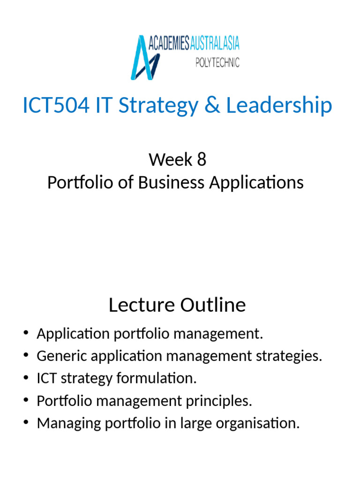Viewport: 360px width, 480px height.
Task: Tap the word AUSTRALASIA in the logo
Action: (215, 44)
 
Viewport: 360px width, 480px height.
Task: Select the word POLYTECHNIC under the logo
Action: (217, 62)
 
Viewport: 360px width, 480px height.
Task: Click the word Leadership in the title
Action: (279, 105)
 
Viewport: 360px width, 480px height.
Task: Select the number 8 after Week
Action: (201, 160)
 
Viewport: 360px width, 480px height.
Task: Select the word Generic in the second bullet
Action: (60, 356)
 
